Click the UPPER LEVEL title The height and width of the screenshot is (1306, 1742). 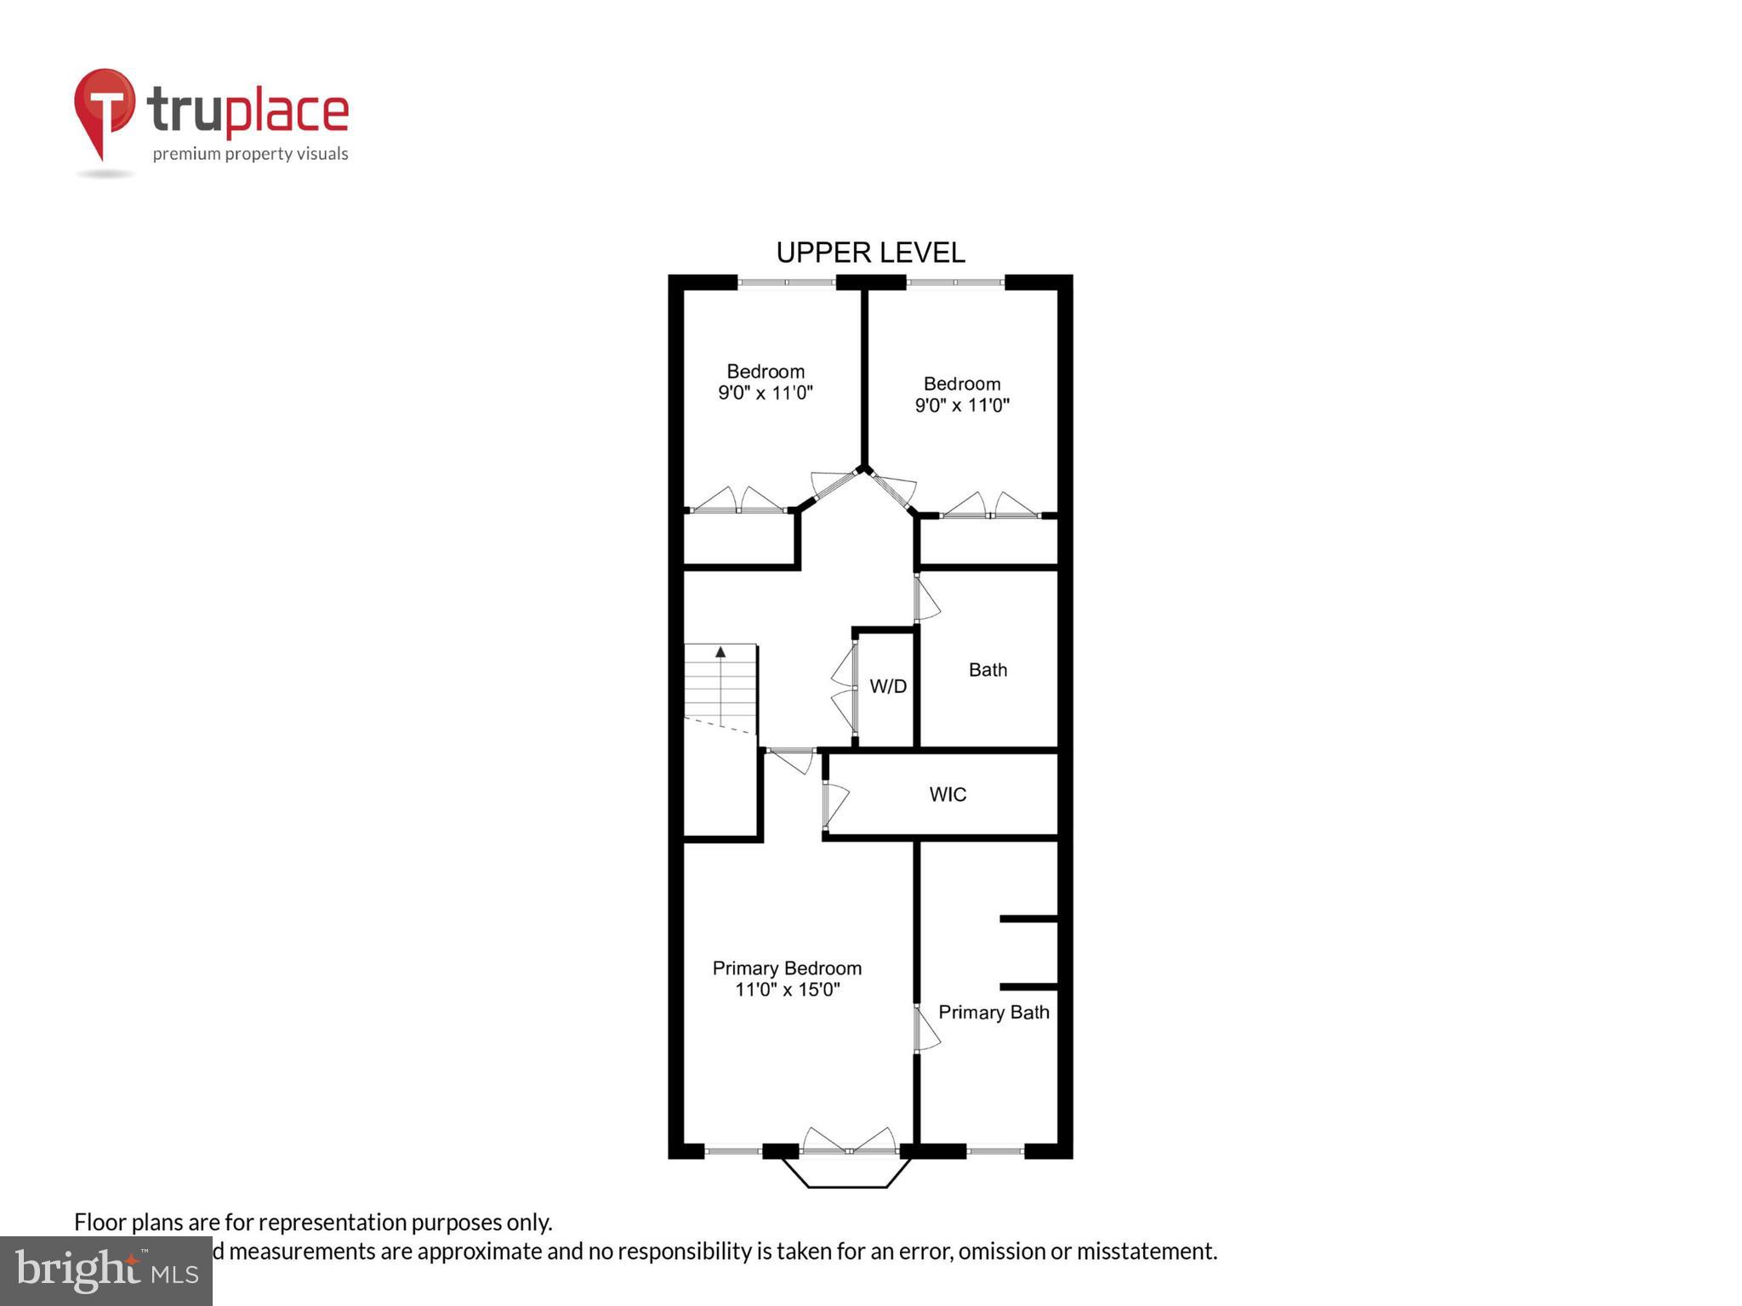pos(870,253)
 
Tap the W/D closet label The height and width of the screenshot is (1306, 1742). pos(888,686)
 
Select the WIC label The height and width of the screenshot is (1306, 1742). pos(948,794)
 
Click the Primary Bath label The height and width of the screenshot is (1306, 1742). pos(993,1012)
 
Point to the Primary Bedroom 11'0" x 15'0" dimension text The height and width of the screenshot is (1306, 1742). pos(787,990)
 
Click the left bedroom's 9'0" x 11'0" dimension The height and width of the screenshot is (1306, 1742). pos(766,393)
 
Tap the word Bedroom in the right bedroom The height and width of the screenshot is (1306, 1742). pos(962,383)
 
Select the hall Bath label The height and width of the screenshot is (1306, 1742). pos(988,670)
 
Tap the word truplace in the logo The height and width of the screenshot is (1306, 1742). pos(248,112)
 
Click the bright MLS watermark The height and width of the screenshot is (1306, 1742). pos(106,1271)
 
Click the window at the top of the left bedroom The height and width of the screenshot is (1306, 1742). pos(786,282)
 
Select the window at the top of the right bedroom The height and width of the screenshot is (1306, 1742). pos(955,282)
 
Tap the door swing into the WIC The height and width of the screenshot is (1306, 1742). pos(835,804)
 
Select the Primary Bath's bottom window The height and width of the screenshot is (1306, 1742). pos(995,1151)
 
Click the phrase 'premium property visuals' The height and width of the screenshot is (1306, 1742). pos(250,154)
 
